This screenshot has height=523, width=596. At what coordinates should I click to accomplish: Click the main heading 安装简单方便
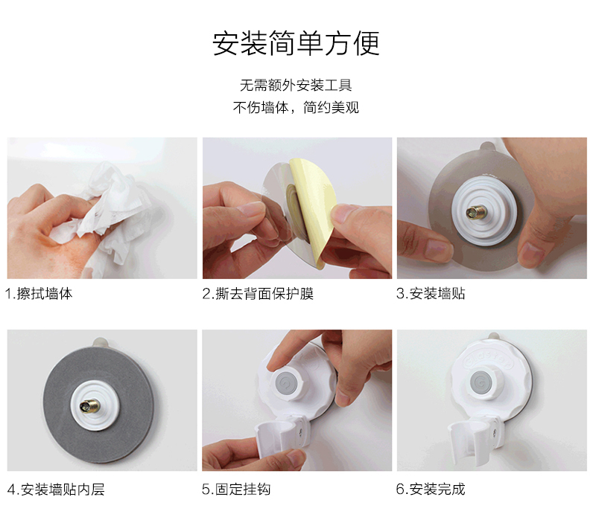(x=297, y=43)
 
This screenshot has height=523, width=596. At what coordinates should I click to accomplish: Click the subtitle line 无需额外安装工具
(x=296, y=85)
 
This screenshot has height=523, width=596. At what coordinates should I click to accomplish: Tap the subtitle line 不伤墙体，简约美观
(x=296, y=107)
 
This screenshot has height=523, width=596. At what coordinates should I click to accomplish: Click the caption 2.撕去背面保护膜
(x=258, y=294)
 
